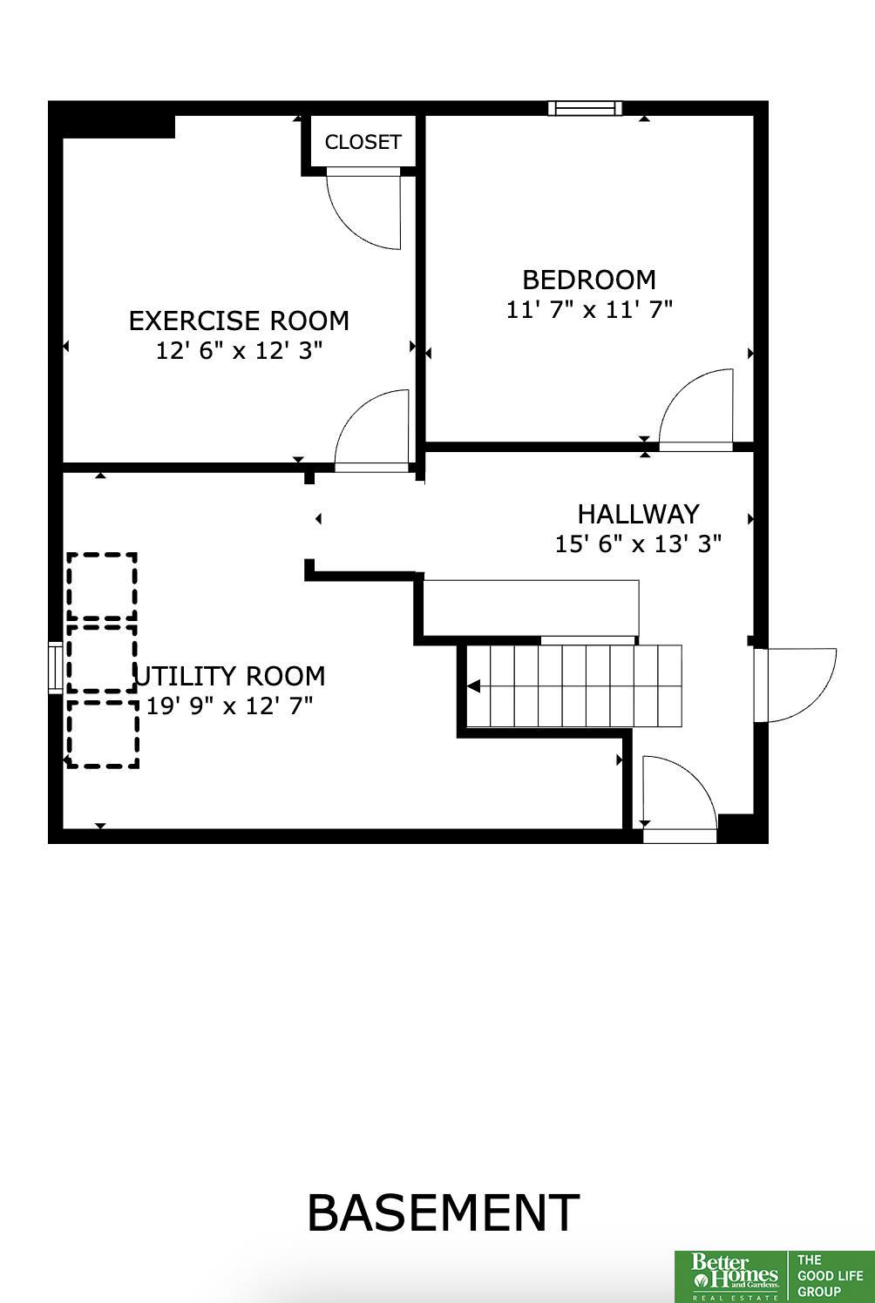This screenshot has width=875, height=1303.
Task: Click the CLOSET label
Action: pyautogui.click(x=363, y=142)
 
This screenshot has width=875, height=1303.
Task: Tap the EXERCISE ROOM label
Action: pyautogui.click(x=239, y=321)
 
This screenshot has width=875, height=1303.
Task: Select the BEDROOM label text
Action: pyautogui.click(x=588, y=280)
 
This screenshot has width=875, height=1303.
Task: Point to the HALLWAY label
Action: pyautogui.click(x=638, y=514)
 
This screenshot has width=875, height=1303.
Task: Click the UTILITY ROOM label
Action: pyautogui.click(x=229, y=676)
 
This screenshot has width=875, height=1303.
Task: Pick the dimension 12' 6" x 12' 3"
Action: pyautogui.click(x=239, y=351)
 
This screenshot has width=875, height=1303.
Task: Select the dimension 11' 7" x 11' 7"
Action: pyautogui.click(x=588, y=309)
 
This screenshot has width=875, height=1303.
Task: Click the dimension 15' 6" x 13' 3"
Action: pyautogui.click(x=638, y=544)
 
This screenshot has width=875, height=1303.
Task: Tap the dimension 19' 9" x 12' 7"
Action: pyautogui.click(x=229, y=706)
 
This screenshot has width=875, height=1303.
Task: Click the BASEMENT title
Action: pyautogui.click(x=443, y=1212)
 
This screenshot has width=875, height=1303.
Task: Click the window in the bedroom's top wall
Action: pyautogui.click(x=585, y=108)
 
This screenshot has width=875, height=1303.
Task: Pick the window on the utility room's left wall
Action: pyautogui.click(x=55, y=667)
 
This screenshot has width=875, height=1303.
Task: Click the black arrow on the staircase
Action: pyautogui.click(x=473, y=686)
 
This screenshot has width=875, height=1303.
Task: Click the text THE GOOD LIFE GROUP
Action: pyautogui.click(x=831, y=1276)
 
